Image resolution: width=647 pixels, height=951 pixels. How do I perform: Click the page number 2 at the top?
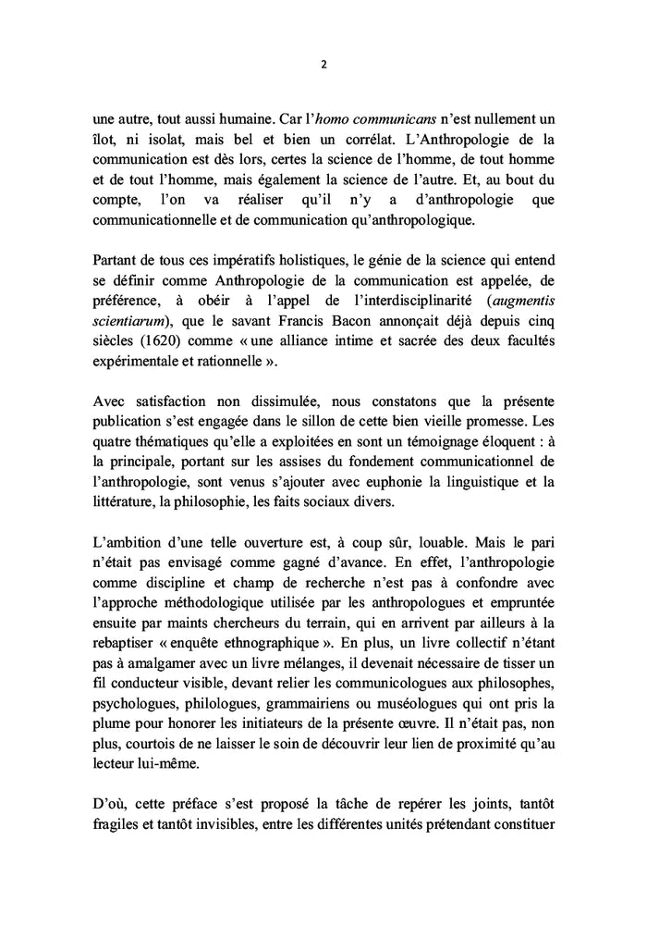(323, 65)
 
